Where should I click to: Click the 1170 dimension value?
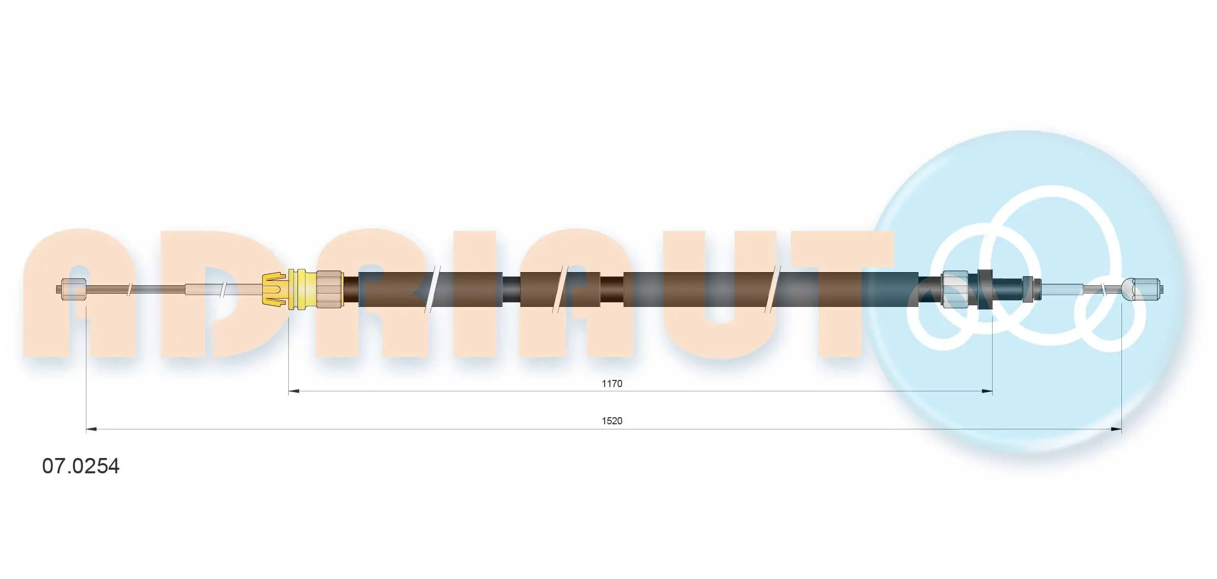[611, 383]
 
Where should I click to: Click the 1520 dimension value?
[611, 421]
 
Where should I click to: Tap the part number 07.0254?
[81, 466]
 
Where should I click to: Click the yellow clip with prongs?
[275, 289]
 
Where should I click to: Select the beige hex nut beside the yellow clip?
[329, 289]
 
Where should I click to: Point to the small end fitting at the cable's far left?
[72, 289]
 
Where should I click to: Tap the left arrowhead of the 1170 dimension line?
[294, 392]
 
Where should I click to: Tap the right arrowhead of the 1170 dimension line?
[987, 392]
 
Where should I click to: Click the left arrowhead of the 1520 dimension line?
[91, 429]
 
